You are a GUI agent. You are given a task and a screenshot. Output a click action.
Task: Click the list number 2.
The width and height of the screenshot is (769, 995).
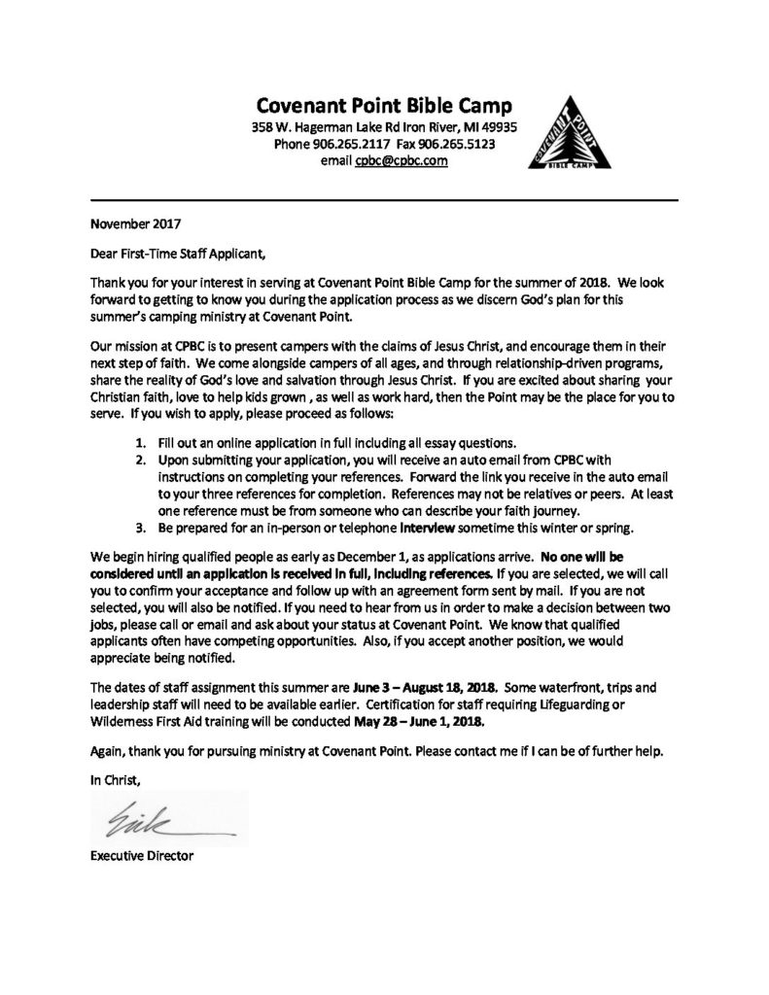[x=140, y=459]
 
